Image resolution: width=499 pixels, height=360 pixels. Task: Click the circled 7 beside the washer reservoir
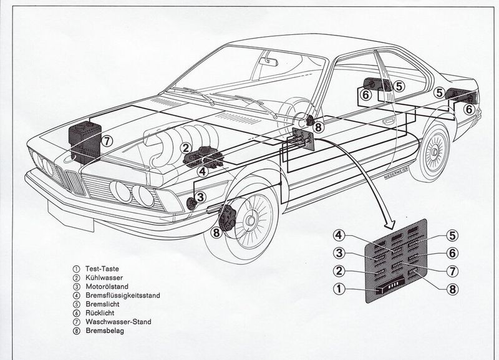[x=107, y=140]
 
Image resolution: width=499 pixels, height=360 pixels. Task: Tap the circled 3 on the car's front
[x=200, y=198]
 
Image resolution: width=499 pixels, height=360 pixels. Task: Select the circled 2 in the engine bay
[x=185, y=147]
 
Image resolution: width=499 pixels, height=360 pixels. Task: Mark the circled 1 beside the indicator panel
[x=337, y=289]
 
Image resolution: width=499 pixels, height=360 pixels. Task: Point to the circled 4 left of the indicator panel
[x=337, y=235]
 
